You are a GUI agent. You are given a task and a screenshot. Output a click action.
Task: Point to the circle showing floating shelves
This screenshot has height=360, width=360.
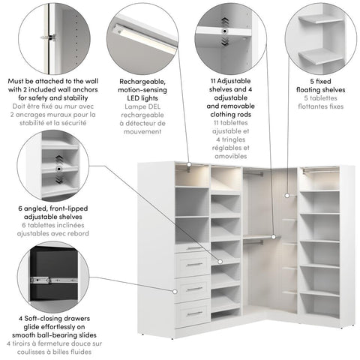(318, 37)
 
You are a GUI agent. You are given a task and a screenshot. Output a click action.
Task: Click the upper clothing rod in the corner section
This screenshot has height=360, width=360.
(255, 174)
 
